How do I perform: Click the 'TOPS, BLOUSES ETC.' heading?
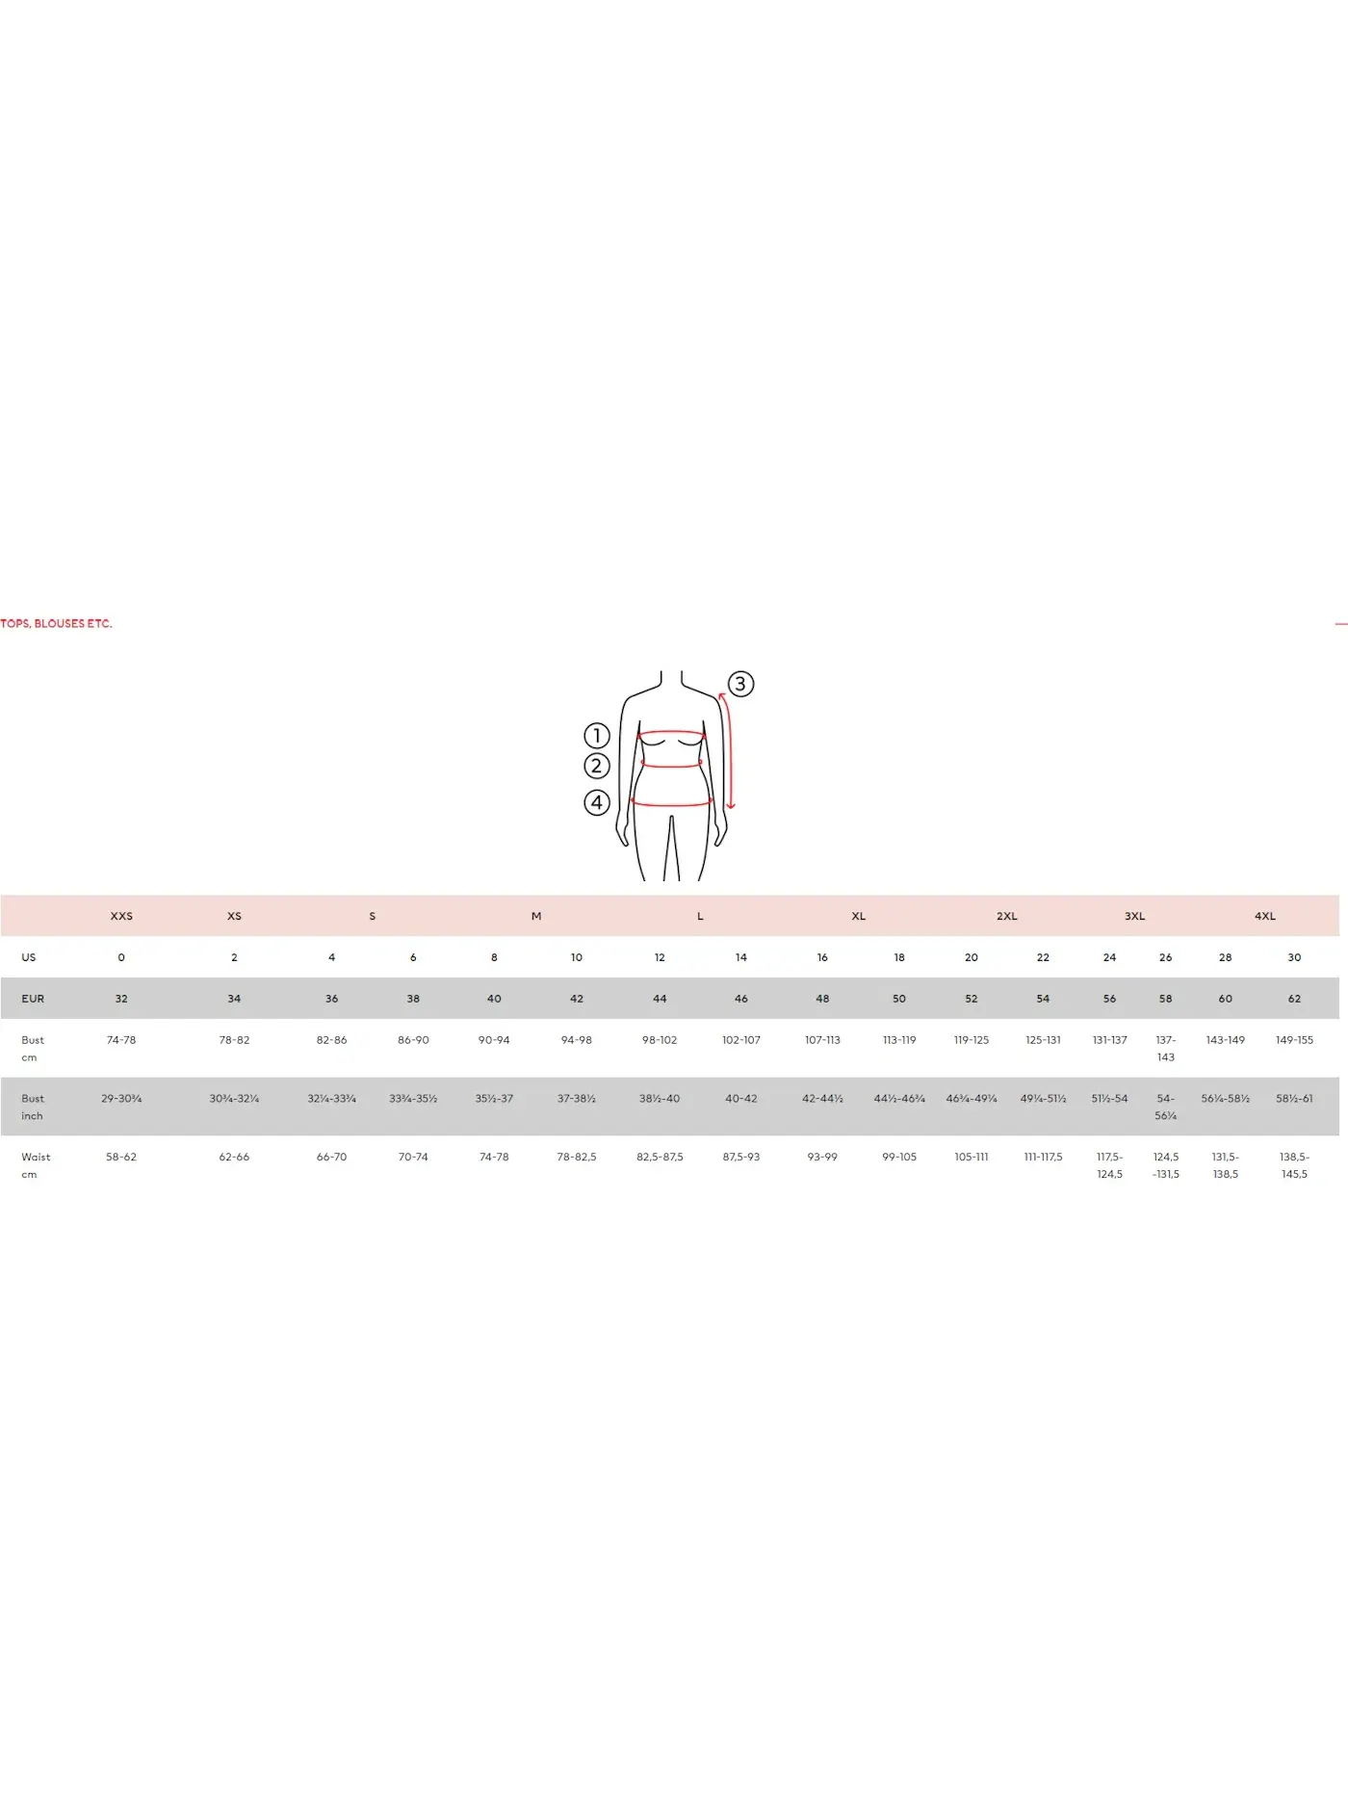pos(56,623)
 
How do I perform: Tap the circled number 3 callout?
pos(739,684)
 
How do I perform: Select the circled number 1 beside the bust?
pos(597,736)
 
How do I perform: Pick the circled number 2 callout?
pos(597,766)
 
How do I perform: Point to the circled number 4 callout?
pos(597,802)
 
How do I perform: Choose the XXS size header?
pos(121,916)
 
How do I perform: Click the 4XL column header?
pos(1265,916)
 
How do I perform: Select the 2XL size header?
pos(1007,916)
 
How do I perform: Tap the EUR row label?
pos(33,999)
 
